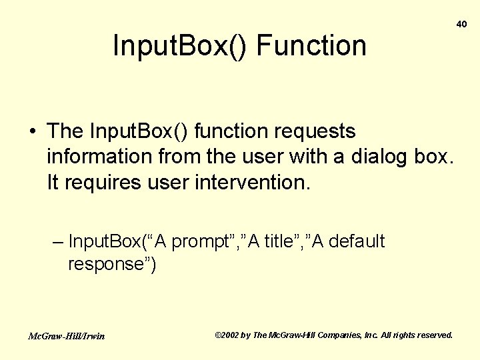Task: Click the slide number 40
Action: (461, 24)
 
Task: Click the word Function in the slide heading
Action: (311, 46)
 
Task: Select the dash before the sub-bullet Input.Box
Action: (57, 241)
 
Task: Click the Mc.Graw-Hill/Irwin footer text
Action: (66, 335)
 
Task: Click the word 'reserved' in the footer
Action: (434, 335)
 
